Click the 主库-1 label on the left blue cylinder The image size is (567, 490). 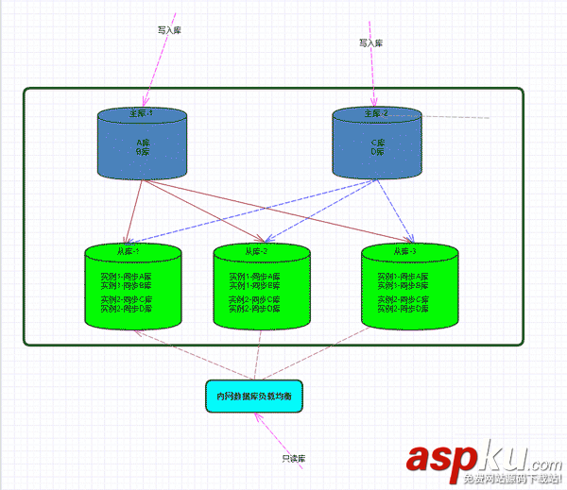[141, 113]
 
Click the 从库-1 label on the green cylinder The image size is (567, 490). [129, 252]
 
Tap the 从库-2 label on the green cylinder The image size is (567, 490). [257, 252]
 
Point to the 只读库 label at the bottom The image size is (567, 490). [294, 458]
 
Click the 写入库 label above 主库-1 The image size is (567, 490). [169, 29]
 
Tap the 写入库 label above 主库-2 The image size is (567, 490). [370, 42]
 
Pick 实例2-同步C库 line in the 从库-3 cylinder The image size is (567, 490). [404, 300]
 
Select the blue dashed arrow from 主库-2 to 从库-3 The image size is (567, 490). [395, 208]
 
